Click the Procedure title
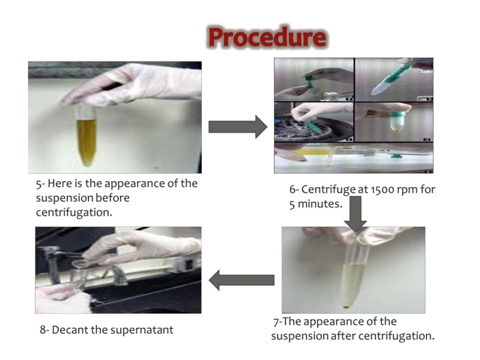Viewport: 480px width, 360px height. click(x=267, y=37)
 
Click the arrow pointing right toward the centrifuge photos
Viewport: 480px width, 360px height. click(x=237, y=127)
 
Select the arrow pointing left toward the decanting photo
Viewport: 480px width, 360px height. click(x=241, y=280)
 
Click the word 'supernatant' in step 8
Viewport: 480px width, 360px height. click(x=142, y=330)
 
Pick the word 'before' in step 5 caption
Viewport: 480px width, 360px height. click(x=112, y=198)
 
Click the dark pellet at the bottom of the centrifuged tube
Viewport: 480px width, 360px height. click(x=346, y=307)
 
